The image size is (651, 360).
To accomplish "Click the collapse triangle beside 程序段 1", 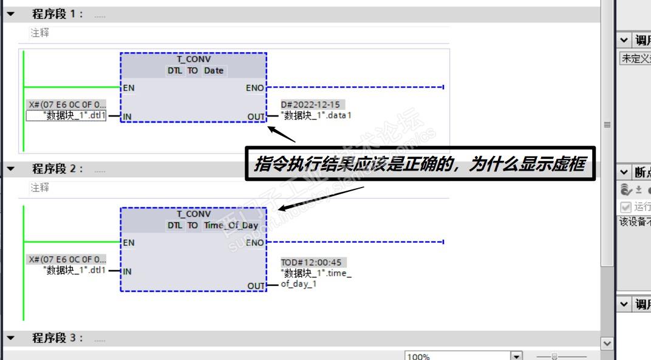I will [x=11, y=14].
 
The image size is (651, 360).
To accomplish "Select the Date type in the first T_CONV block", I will [x=213, y=70].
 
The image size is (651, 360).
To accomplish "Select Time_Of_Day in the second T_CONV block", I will [x=231, y=225].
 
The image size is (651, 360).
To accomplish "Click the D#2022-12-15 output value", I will [x=310, y=104].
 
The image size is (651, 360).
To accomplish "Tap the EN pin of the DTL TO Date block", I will [x=128, y=87].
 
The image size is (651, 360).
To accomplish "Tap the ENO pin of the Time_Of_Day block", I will [x=255, y=242].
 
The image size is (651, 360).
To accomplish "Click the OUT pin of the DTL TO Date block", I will [x=256, y=116].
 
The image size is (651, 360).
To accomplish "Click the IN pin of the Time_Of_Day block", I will [x=127, y=271].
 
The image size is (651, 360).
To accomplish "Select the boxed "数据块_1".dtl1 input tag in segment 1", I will [x=66, y=116].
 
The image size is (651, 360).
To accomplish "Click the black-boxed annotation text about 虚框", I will [x=420, y=164].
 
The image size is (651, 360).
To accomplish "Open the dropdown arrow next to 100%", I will [x=517, y=356].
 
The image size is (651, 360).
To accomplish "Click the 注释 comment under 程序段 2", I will [x=40, y=188].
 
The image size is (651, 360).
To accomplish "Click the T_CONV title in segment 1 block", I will [x=194, y=59].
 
